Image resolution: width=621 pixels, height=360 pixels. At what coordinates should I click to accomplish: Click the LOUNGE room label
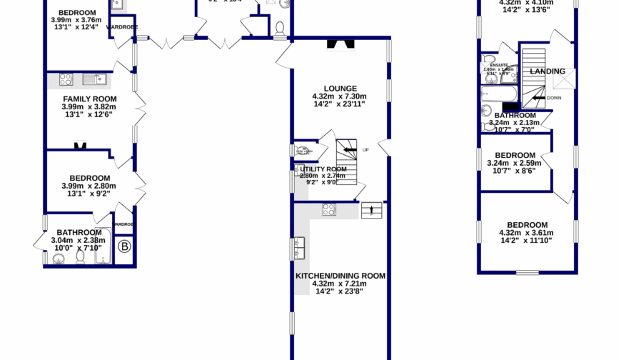(339, 89)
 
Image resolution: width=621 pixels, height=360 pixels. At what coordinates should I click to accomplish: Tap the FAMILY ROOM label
(89, 99)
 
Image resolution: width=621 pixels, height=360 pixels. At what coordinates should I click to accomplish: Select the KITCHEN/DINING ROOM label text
(340, 275)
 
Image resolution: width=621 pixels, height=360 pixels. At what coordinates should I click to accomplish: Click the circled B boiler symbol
(126, 247)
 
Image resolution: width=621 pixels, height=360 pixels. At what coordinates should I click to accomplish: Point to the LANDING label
(547, 71)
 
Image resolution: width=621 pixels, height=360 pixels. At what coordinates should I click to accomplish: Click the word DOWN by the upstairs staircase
(554, 98)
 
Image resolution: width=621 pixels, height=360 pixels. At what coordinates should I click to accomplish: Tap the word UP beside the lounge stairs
(365, 150)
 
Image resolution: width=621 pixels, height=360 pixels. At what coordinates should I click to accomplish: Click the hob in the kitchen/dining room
(330, 209)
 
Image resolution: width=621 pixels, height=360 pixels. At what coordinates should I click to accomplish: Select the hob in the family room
(66, 79)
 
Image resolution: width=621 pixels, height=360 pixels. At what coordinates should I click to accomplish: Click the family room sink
(94, 79)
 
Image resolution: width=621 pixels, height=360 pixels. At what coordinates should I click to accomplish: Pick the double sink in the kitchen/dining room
(298, 249)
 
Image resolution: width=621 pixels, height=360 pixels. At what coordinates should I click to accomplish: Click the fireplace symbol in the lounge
(340, 45)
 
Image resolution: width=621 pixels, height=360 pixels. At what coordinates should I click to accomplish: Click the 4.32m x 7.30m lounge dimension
(339, 97)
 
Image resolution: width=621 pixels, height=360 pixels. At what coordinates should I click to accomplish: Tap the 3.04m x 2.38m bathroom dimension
(79, 241)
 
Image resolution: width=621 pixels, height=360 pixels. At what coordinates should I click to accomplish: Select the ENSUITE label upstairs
(509, 65)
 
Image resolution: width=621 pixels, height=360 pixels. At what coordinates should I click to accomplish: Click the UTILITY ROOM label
(323, 169)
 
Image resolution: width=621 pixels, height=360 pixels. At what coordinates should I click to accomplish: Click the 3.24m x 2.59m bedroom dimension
(514, 164)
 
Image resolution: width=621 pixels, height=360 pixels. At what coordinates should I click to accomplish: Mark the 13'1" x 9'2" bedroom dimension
(89, 194)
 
